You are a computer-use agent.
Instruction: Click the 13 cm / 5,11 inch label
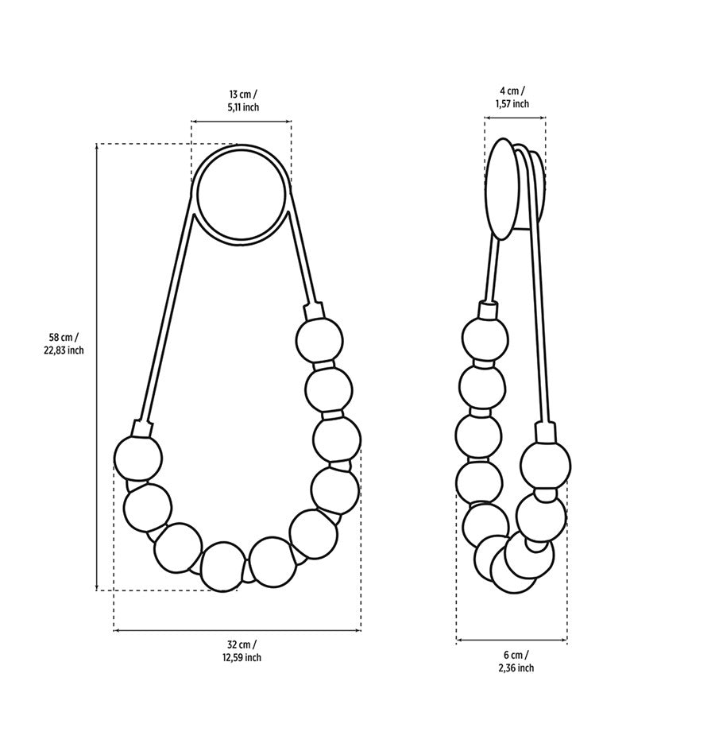243,100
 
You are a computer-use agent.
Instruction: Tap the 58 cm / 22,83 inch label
64,343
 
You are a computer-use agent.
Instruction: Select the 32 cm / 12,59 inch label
244,651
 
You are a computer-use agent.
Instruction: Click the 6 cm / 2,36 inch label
516,661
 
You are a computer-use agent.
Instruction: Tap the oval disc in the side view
501,188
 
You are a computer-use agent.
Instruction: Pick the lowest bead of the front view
224,567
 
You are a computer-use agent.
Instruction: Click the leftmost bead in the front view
138,459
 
